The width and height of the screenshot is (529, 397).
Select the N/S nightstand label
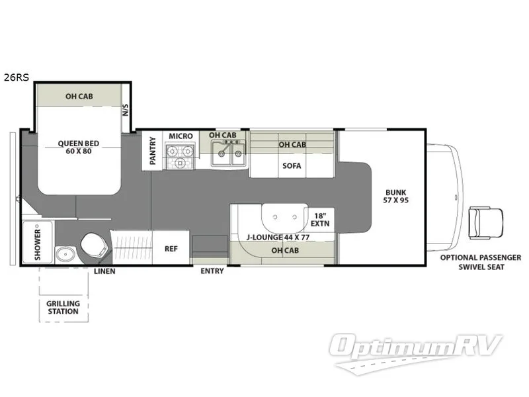coord(126,111)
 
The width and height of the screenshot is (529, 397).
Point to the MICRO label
coord(181,136)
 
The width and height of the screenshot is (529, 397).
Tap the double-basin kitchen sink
coord(227,155)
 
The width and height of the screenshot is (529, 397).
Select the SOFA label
coord(292,165)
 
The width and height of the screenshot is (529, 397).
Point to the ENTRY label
coord(213,271)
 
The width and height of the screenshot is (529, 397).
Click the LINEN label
coord(104,271)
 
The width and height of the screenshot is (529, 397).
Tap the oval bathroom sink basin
coord(64,254)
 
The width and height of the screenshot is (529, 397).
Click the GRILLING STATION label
coord(63,308)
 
